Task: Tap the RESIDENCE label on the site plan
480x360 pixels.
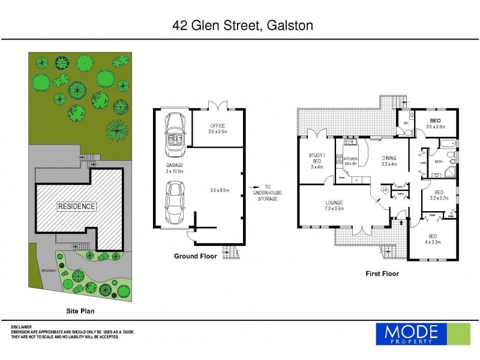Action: [x=76, y=206]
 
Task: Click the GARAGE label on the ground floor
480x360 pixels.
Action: [x=174, y=165]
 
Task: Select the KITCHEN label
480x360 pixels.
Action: [x=350, y=159]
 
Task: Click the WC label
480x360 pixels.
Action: [x=406, y=123]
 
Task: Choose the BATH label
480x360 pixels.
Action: [x=438, y=161]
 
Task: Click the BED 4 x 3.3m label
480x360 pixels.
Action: [x=433, y=239]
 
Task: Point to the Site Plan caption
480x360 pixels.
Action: [x=80, y=311]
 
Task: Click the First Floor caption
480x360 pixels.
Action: [x=382, y=274]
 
